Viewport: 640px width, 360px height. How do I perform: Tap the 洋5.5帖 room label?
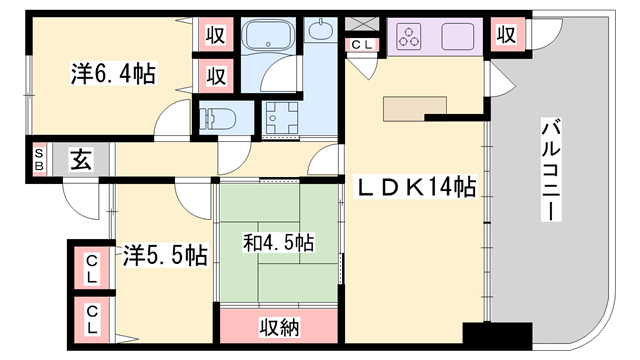[x=165, y=256]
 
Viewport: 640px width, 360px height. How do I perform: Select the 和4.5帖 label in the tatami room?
[x=279, y=243]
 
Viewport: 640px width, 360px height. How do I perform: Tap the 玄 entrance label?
[x=80, y=159]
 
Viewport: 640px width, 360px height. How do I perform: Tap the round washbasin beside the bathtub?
[x=322, y=32]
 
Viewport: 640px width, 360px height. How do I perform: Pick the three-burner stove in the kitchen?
[x=411, y=38]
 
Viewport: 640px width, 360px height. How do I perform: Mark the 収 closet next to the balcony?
[x=506, y=35]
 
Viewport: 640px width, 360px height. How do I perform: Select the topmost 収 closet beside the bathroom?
[x=215, y=34]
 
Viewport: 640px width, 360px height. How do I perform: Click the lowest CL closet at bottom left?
[x=91, y=320]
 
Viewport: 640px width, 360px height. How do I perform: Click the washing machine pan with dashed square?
[x=283, y=120]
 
